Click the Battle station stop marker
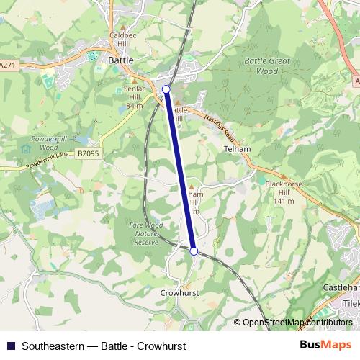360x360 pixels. [x=166, y=89]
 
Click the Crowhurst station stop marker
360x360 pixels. [x=194, y=251]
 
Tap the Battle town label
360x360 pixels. [x=120, y=61]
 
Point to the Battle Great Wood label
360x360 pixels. [x=266, y=66]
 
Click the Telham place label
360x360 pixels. [x=237, y=148]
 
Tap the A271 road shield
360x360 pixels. [x=8, y=65]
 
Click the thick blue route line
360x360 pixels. [x=180, y=169]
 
